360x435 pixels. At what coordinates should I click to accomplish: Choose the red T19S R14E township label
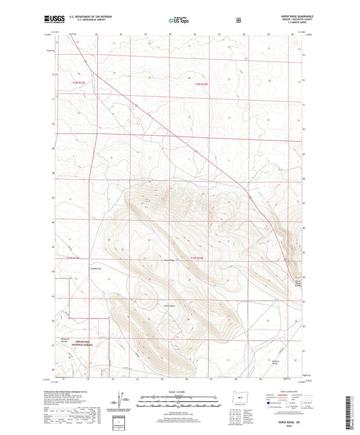197,259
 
